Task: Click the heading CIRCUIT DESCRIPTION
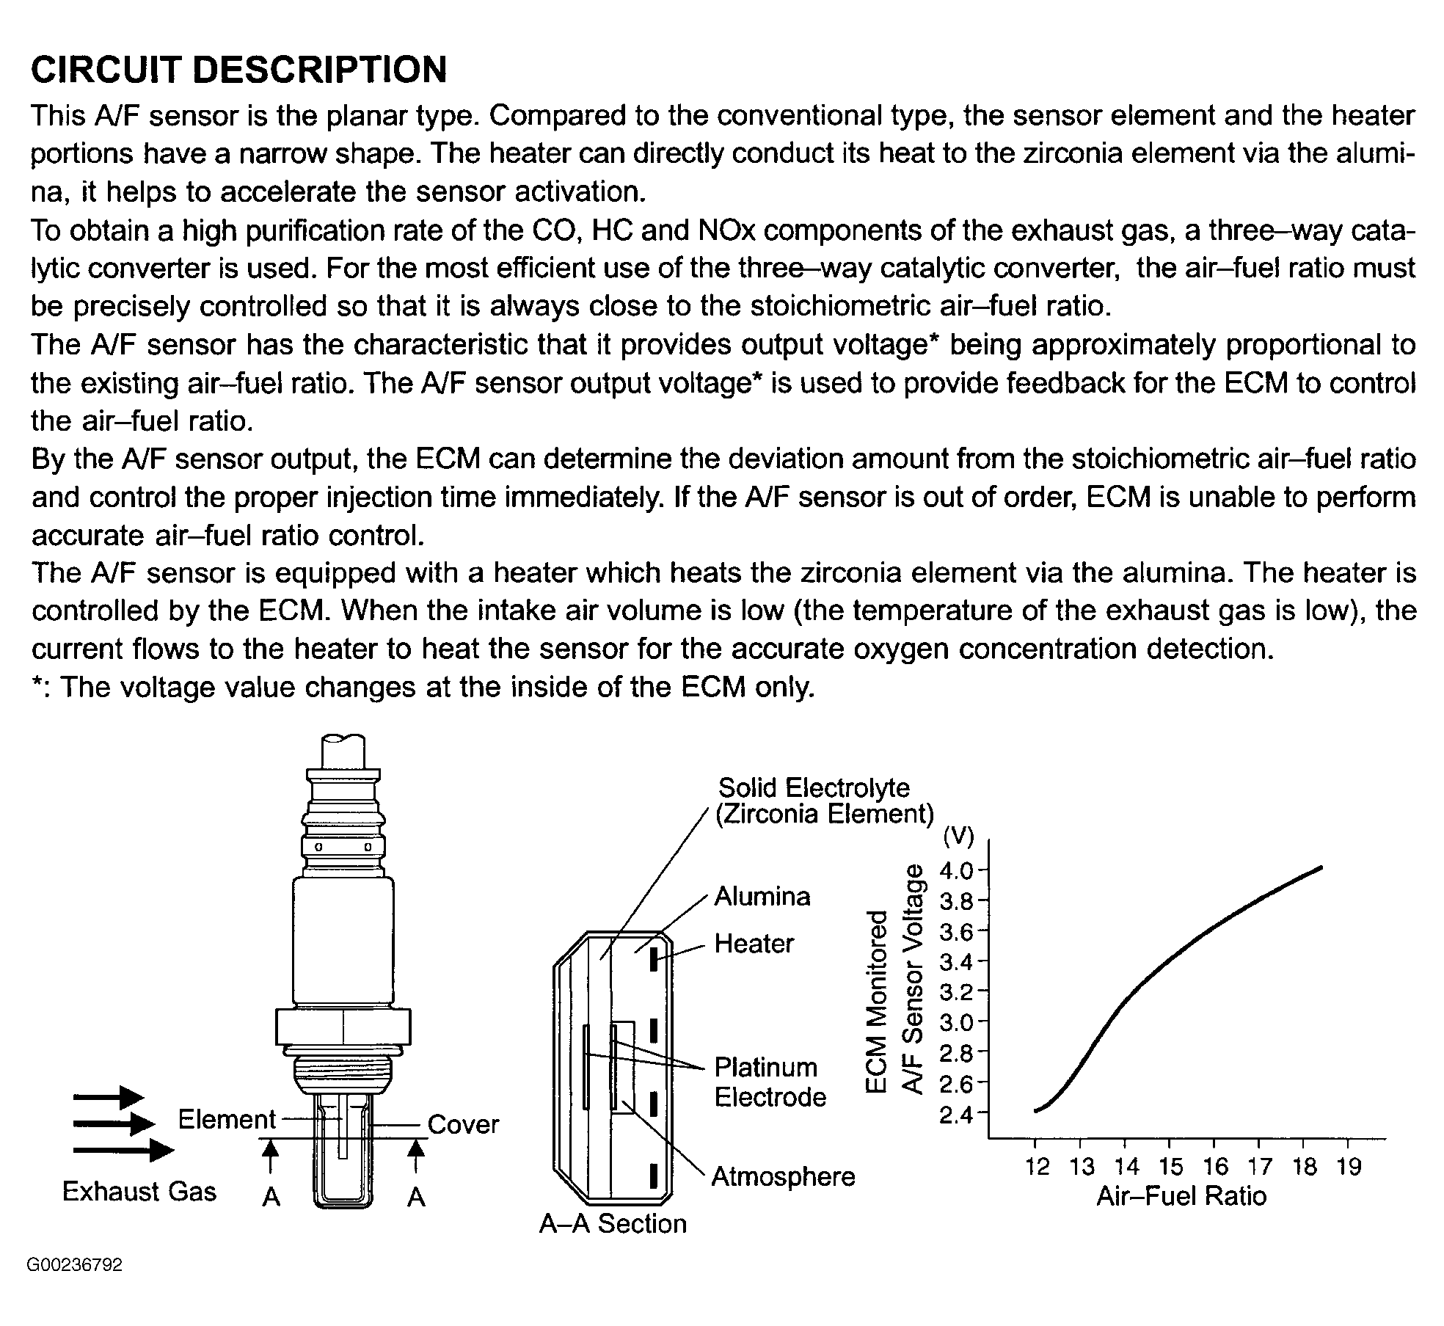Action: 238,70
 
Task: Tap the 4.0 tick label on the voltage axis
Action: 957,872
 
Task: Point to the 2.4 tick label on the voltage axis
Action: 957,1115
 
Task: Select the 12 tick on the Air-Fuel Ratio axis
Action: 1037,1167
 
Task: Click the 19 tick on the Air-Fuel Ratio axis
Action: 1349,1167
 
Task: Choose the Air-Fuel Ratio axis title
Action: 1181,1197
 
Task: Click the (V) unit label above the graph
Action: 958,836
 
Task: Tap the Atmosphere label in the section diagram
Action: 784,1177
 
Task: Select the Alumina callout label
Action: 762,897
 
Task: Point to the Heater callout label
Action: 754,944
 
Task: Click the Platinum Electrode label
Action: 770,1082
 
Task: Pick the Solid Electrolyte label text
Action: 814,788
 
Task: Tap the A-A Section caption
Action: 613,1224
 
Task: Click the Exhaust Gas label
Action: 139,1192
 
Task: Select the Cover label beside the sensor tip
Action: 463,1124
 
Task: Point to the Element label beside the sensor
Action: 227,1119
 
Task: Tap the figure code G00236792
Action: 74,1266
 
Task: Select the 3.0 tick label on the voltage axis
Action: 957,1024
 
